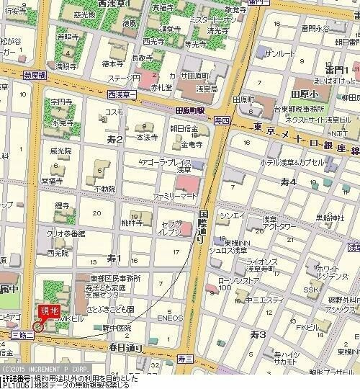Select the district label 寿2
pyautogui.click(x=114, y=138)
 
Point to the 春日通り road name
pyautogui.click(x=122, y=347)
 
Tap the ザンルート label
pyautogui.click(x=279, y=55)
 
